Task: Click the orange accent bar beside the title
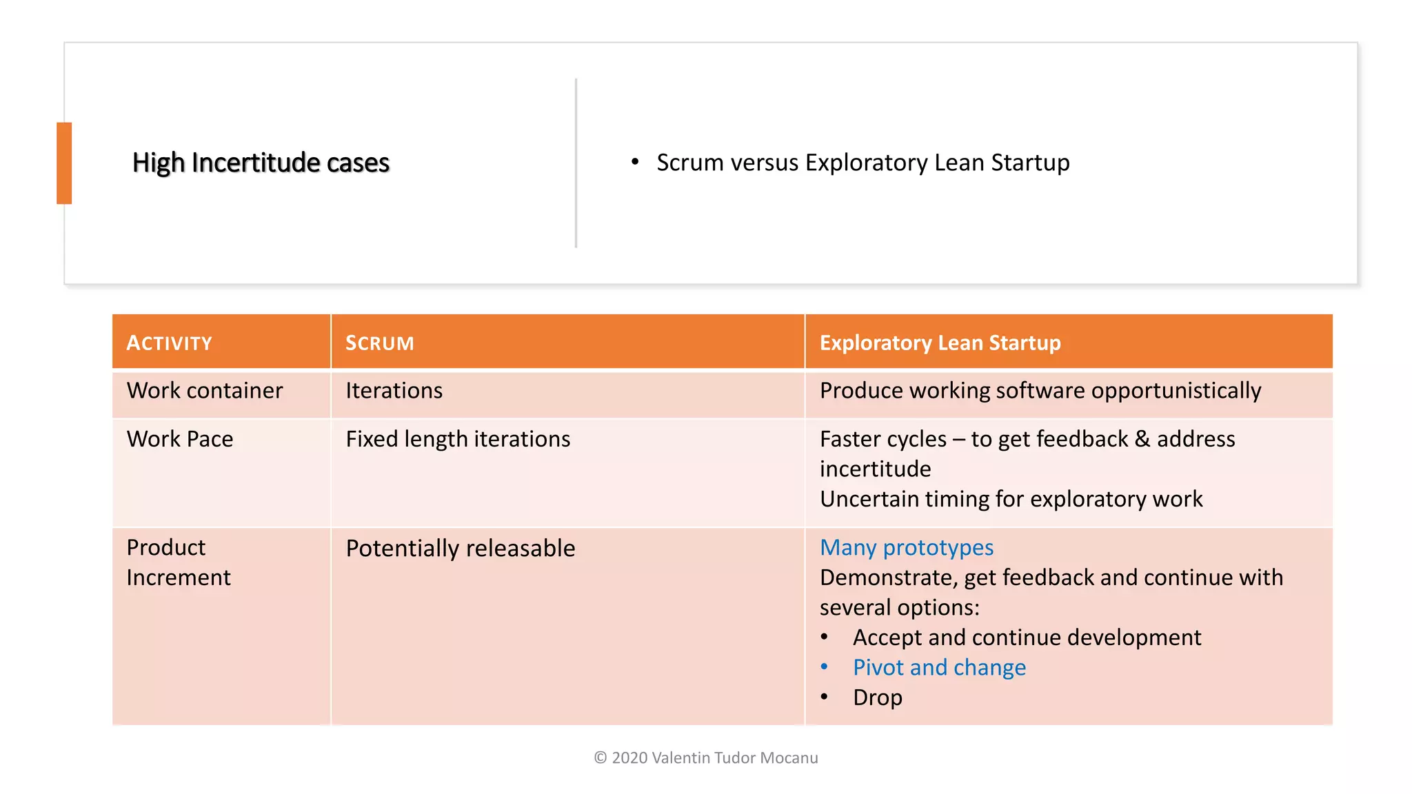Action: [x=64, y=163]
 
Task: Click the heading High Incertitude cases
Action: [x=261, y=163]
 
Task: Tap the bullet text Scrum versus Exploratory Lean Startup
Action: [x=863, y=163]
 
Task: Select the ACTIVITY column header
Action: [x=170, y=343]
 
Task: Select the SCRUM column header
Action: [x=379, y=343]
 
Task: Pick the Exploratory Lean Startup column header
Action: [x=940, y=343]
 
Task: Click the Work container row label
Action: [x=205, y=391]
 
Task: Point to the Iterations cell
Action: [x=394, y=391]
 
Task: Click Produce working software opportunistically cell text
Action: [x=1040, y=391]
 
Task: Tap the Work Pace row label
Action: [x=180, y=439]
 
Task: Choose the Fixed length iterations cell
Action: [x=458, y=439]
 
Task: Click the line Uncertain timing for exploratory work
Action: [x=1011, y=499]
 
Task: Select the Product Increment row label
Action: [x=178, y=562]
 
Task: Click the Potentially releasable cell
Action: [x=461, y=549]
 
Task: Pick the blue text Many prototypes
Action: [x=907, y=548]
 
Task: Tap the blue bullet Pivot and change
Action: [x=939, y=668]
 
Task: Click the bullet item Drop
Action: [x=877, y=698]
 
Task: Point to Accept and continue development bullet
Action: [x=1027, y=638]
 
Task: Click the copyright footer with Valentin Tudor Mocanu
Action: [x=706, y=758]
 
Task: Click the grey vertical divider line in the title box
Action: [x=576, y=163]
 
